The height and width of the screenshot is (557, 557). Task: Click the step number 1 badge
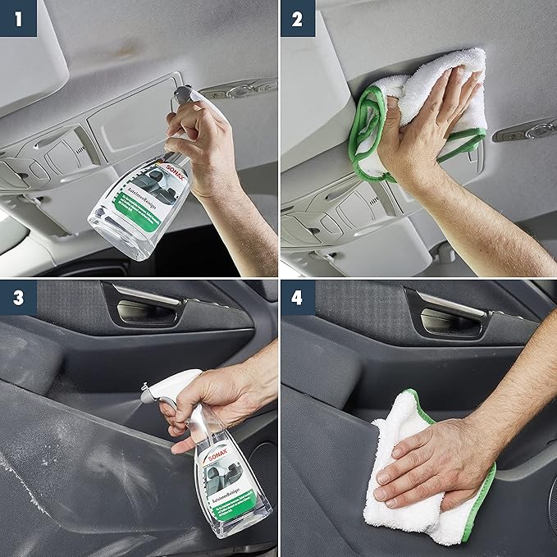[17, 17]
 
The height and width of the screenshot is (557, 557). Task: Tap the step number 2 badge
[298, 17]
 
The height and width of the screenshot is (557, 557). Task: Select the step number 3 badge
[17, 298]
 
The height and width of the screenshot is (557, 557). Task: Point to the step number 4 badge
[298, 298]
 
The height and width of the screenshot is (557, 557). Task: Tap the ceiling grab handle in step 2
[529, 130]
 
